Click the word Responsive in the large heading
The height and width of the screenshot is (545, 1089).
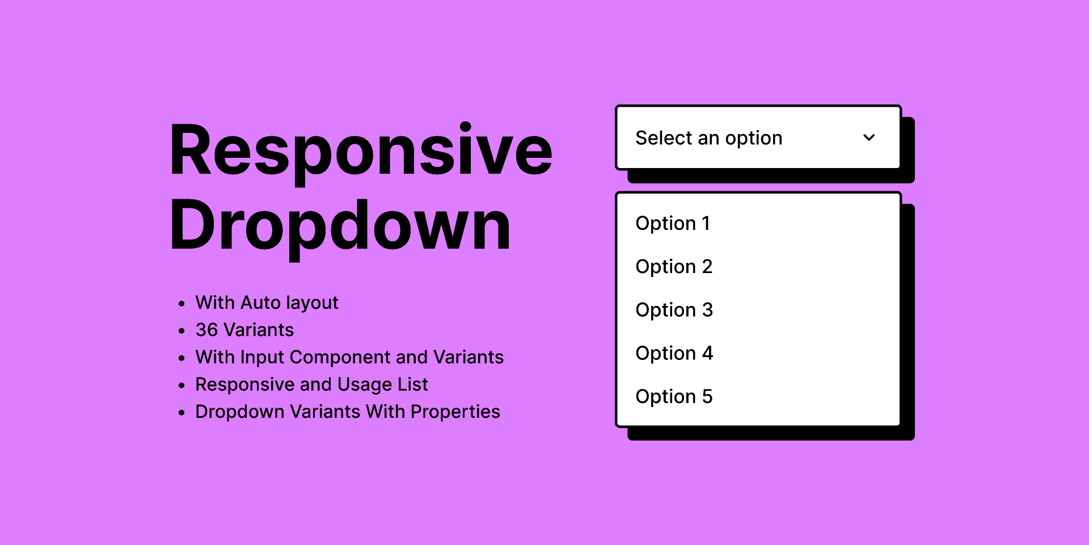361,150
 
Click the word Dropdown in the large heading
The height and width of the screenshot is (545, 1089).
340,225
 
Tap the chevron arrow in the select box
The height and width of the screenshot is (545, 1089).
869,137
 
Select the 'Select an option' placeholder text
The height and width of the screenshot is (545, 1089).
708,138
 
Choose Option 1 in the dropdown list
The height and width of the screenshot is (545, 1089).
673,223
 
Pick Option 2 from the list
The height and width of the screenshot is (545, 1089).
674,266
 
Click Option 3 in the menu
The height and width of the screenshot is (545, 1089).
674,310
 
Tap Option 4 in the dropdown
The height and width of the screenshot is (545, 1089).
674,353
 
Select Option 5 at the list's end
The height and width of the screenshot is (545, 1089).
674,396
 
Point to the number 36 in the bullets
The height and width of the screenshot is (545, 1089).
206,330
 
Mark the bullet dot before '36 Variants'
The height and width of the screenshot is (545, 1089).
181,330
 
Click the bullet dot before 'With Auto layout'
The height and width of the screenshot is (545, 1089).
181,304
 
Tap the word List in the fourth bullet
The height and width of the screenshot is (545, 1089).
412,384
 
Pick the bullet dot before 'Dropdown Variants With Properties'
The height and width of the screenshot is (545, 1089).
181,413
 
